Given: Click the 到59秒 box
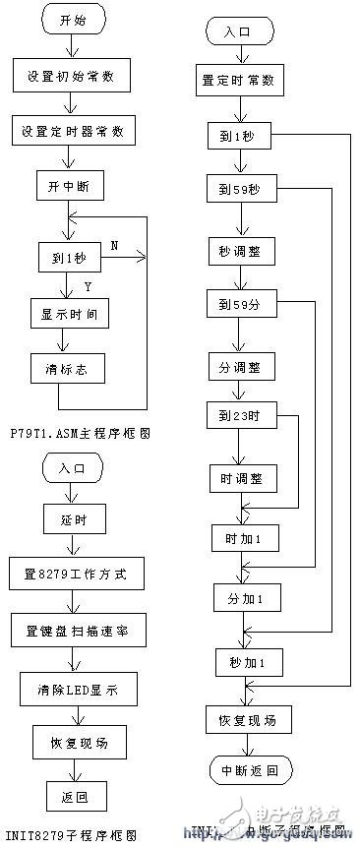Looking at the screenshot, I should coord(242,190).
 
